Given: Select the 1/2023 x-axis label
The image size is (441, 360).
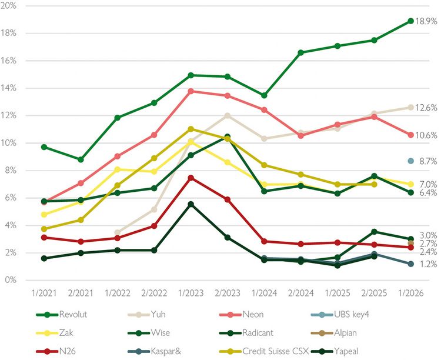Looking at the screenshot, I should [x=191, y=292].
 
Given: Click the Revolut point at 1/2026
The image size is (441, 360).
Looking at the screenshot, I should [x=410, y=21].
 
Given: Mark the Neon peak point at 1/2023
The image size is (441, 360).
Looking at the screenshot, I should [x=191, y=91].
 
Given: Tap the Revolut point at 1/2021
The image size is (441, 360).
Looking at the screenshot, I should [x=44, y=147].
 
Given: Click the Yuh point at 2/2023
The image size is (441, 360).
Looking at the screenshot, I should [x=227, y=115].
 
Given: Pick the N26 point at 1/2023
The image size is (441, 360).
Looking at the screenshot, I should [x=191, y=178].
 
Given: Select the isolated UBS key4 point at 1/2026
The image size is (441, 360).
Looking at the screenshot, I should [x=410, y=161].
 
